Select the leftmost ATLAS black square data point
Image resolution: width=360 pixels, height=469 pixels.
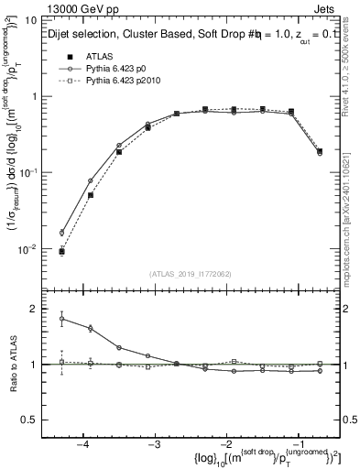coord(61,251)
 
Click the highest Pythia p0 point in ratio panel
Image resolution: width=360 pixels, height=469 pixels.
coord(61,319)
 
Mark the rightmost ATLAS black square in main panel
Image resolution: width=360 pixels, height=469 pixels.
coord(319,151)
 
